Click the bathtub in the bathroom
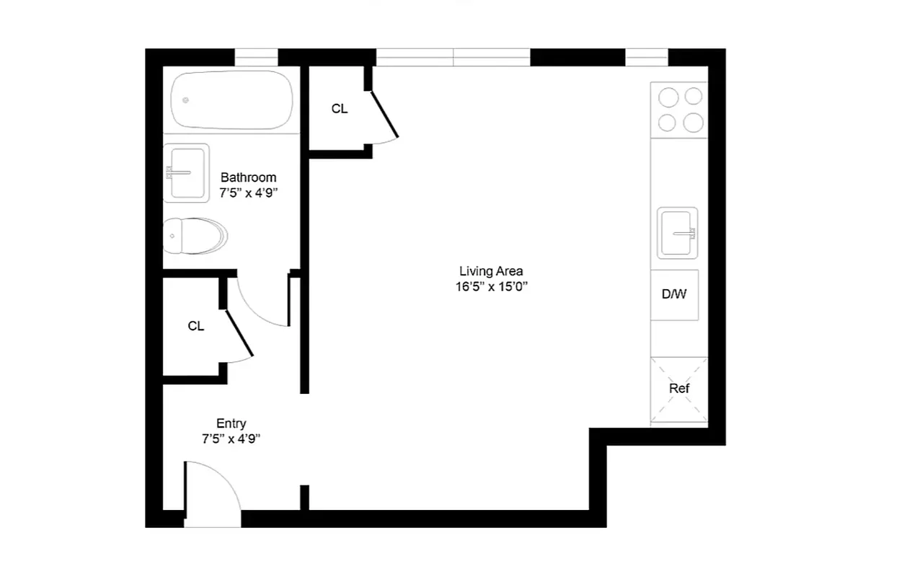click(x=232, y=100)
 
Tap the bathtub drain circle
click(x=186, y=100)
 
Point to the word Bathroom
click(x=248, y=177)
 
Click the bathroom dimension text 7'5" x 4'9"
click(x=248, y=193)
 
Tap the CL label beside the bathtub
click(x=339, y=109)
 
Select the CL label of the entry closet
click(x=195, y=326)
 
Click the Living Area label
click(x=491, y=271)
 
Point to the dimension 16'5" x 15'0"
click(x=491, y=286)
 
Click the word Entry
click(x=231, y=423)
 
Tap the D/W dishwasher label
click(x=674, y=294)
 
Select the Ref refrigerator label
click(x=679, y=389)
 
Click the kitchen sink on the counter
click(x=678, y=232)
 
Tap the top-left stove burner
click(x=668, y=97)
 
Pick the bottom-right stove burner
click(x=693, y=123)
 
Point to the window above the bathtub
click(x=256, y=57)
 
